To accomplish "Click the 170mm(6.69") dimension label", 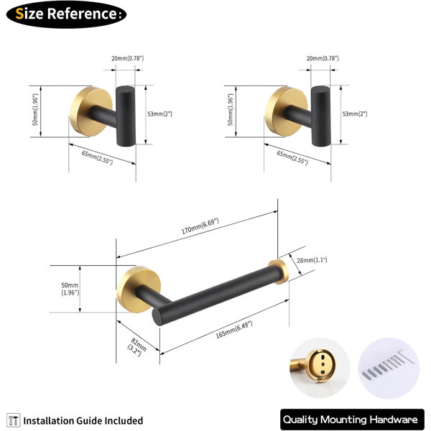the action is click(200, 226).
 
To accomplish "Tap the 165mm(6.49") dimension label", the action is click(234, 329).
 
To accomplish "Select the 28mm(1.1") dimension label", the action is click(312, 260).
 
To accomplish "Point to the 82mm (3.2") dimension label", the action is click(136, 348).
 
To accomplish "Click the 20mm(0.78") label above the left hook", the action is click(128, 58).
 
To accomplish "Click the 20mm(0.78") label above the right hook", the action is click(323, 58).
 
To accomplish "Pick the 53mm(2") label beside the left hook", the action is click(159, 113).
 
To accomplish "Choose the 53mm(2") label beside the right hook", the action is click(355, 113).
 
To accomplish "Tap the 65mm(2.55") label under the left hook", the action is click(97, 157).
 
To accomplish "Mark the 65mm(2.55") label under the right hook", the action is click(292, 157).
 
